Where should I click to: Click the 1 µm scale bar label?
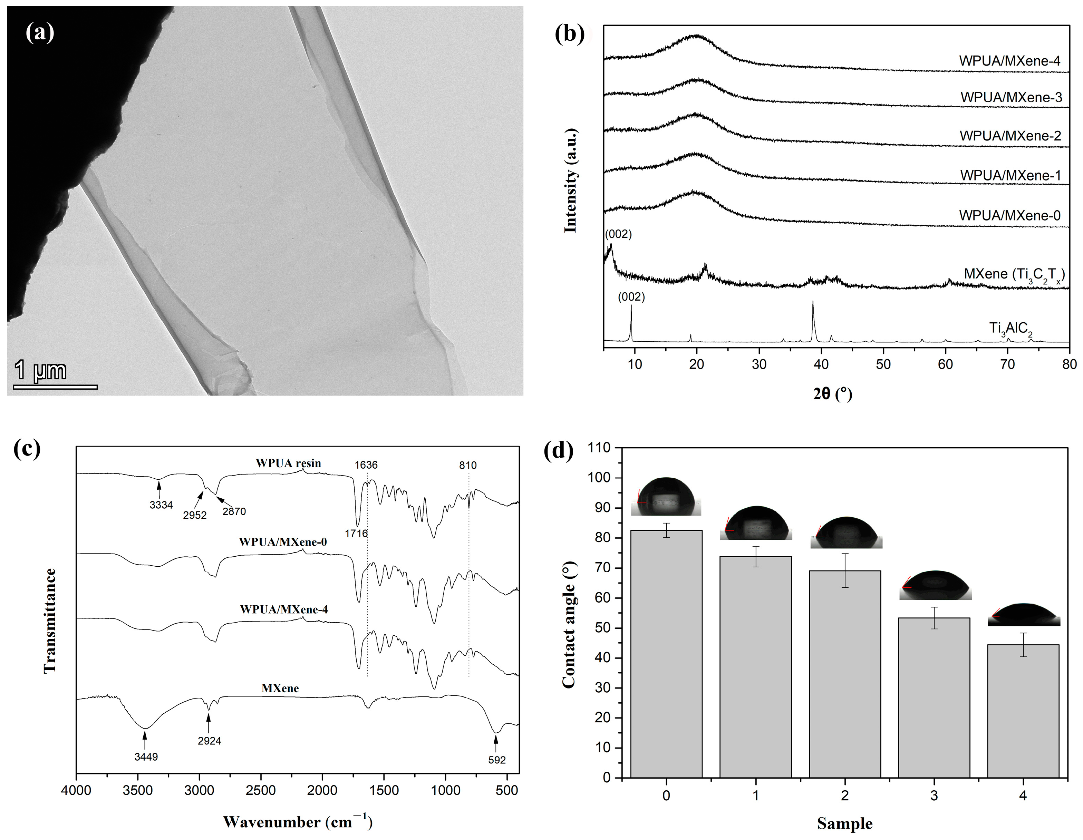41,370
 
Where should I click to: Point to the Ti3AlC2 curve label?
1011,329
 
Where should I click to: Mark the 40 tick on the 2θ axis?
821,364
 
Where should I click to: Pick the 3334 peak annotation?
161,505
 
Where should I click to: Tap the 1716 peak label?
356,533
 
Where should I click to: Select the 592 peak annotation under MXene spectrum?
496,760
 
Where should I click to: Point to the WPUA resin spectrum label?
288,463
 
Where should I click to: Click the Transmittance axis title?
50,621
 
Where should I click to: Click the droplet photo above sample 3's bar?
935,585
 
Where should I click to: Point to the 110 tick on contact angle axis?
599,448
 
